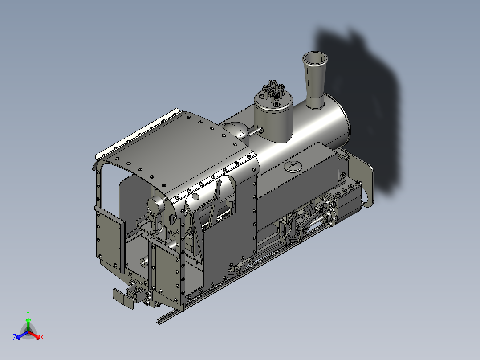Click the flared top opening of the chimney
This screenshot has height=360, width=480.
[315, 57]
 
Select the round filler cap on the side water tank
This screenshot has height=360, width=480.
[293, 167]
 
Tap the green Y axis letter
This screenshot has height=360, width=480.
[28, 313]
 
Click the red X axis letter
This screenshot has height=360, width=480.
[42, 338]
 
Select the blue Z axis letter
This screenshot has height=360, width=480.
[15, 338]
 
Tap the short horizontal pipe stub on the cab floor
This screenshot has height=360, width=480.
[143, 262]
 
